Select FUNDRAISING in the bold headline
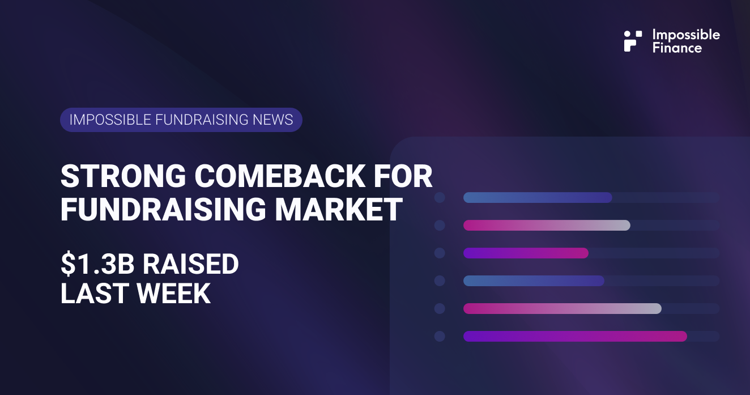tap(163, 209)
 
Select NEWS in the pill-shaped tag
tap(274, 120)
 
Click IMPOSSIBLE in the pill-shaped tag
tap(102, 120)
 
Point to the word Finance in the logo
tap(677, 48)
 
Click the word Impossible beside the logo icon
tap(686, 35)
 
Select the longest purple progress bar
tap(575, 337)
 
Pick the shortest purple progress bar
tap(526, 253)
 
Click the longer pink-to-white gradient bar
tap(562, 309)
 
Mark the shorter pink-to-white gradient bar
tap(547, 226)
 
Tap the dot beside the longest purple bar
tap(440, 337)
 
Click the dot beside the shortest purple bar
tap(440, 253)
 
